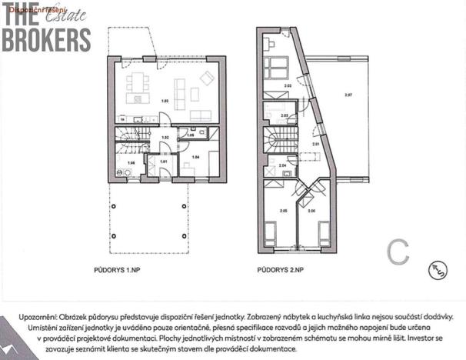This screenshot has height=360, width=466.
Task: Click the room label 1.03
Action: [164, 101]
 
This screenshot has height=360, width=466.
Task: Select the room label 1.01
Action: [163, 162]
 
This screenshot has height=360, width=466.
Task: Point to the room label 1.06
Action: [131, 163]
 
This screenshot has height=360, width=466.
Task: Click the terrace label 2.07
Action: [348, 95]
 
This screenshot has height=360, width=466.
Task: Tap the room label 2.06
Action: [311, 210]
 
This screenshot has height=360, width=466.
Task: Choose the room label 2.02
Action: [287, 85]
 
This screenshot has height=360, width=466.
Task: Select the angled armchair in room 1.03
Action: [206, 77]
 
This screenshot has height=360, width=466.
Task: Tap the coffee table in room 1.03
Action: [195, 95]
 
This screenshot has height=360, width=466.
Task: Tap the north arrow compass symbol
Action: [438, 269]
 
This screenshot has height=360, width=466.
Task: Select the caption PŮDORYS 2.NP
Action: [281, 270]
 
